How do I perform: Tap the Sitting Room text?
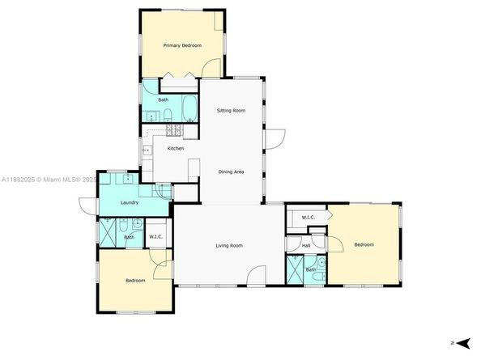click(x=231, y=111)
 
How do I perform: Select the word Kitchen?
click(x=175, y=148)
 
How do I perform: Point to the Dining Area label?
click(x=232, y=172)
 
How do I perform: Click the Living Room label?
click(x=229, y=245)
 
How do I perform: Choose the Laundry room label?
click(x=128, y=203)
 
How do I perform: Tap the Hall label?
click(x=306, y=244)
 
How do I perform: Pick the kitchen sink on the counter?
click(x=147, y=150)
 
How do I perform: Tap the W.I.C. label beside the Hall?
click(x=308, y=217)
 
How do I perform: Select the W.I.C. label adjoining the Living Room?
click(x=155, y=237)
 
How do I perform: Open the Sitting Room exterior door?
click(x=271, y=140)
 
